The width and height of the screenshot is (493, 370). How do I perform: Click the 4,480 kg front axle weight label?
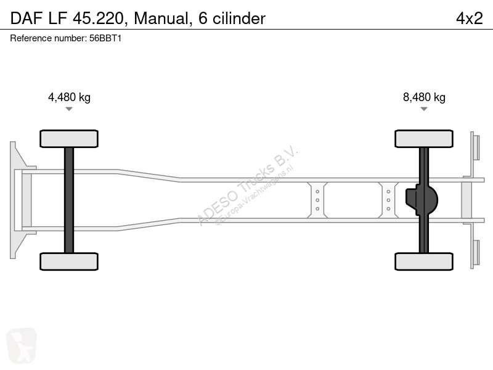tap(69, 97)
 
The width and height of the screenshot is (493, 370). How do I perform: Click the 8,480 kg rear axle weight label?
tap(424, 97)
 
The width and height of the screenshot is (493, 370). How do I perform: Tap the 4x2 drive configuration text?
tap(470, 18)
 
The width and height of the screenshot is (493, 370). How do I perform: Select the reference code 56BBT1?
tap(105, 38)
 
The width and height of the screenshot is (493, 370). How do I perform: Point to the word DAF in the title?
tap(26, 18)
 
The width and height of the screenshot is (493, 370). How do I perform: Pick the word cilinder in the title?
tap(239, 18)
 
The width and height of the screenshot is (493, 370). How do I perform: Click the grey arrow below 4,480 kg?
tap(69, 109)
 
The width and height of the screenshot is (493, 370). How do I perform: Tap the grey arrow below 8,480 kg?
tap(424, 109)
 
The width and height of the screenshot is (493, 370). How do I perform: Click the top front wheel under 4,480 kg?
tap(69, 139)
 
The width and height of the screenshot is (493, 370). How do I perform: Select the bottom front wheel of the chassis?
tap(69, 261)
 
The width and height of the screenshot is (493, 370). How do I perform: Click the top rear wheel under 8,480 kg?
tap(424, 139)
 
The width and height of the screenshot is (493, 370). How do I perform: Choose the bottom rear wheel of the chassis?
tap(424, 261)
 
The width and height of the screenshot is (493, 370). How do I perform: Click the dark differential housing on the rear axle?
tap(422, 200)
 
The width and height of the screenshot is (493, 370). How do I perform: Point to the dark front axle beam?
tap(69, 200)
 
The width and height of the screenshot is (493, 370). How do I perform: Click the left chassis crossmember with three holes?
tap(317, 200)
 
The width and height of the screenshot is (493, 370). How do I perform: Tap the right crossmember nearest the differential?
tap(388, 200)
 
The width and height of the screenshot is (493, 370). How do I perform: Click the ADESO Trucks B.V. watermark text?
tap(248, 185)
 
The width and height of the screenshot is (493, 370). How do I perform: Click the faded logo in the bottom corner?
tap(22, 345)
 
